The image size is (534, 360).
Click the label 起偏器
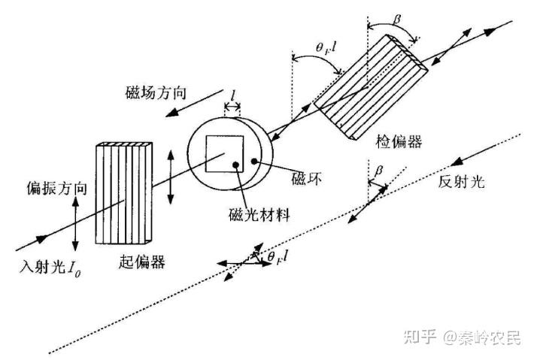pos(142,262)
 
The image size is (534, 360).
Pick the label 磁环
pos(307,181)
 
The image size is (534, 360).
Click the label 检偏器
pos(398,141)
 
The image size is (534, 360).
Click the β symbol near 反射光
pos(378,171)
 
